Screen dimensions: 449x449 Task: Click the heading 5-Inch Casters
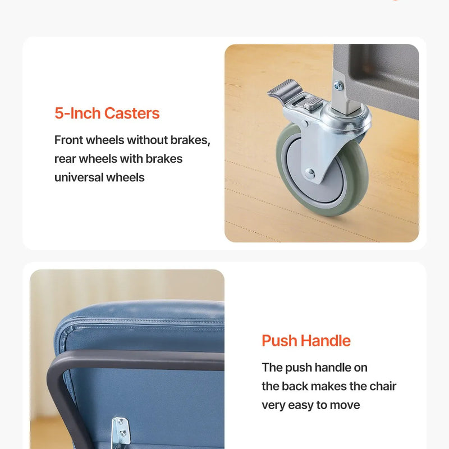point(107,113)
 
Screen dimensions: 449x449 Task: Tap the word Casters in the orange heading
point(132,113)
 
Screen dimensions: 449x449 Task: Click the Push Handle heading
point(306,341)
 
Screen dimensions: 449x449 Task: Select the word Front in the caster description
point(68,140)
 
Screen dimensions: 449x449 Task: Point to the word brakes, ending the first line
point(190,140)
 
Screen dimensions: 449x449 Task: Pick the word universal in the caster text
point(79,177)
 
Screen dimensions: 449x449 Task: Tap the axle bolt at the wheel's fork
point(310,173)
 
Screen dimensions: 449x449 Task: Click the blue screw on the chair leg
point(339,85)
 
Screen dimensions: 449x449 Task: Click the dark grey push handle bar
point(138,360)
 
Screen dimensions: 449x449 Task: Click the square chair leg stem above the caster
point(345,94)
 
